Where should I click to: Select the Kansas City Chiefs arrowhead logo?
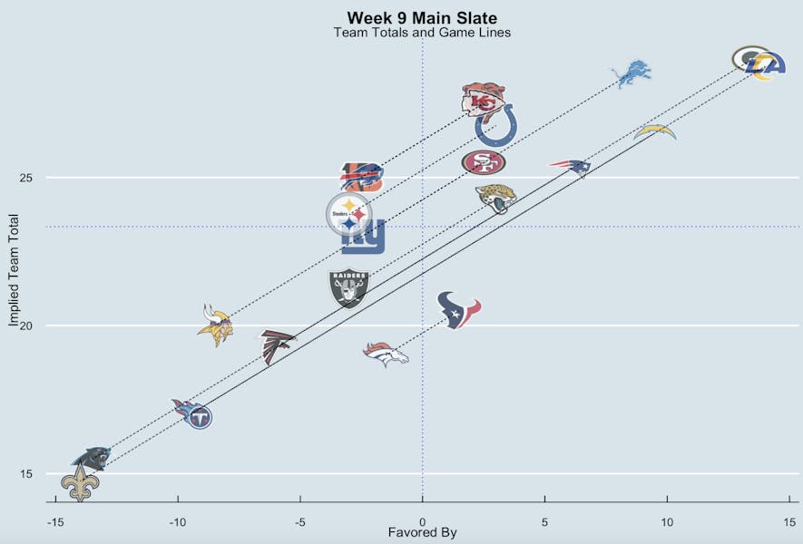click(483, 100)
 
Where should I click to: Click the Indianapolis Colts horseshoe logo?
click(496, 126)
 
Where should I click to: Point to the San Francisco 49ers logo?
click(484, 162)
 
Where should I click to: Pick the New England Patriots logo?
click(570, 167)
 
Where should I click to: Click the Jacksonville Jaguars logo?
click(496, 198)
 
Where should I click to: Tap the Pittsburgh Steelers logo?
click(349, 214)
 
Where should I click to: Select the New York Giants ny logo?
click(363, 238)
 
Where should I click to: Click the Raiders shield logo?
click(348, 288)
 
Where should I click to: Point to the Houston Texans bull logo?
click(458, 310)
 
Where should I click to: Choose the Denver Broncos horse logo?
click(386, 354)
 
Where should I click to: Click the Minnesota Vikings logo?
click(216, 325)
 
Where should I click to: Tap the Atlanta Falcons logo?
click(278, 345)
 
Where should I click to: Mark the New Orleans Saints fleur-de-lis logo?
click(80, 483)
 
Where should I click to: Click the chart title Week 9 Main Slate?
click(422, 18)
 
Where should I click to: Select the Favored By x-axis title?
click(422, 533)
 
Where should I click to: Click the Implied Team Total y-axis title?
click(15, 270)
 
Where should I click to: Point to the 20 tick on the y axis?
click(25, 325)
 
